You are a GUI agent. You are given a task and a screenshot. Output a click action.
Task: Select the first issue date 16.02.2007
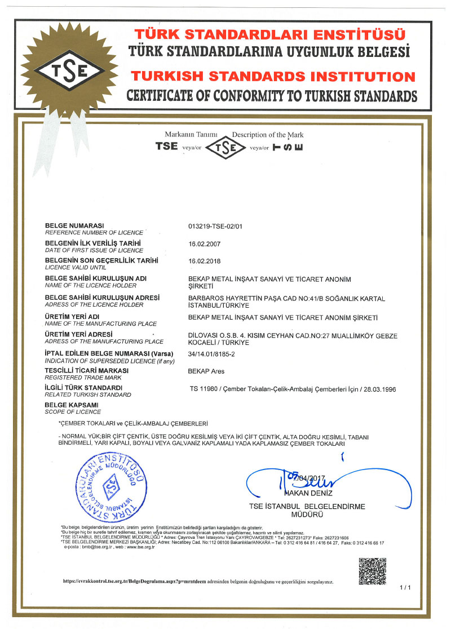205,244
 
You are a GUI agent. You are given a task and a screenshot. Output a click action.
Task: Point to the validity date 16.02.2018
205,262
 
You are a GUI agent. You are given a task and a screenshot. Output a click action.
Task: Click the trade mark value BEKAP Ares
206,371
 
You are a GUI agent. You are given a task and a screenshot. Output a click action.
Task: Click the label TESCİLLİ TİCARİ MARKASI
86,370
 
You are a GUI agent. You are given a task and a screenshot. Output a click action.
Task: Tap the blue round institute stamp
111,488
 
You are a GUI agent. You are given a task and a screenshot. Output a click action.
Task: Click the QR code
373,571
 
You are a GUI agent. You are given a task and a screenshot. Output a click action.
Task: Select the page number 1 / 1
405,588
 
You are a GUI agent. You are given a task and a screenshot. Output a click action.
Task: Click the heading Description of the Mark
268,135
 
